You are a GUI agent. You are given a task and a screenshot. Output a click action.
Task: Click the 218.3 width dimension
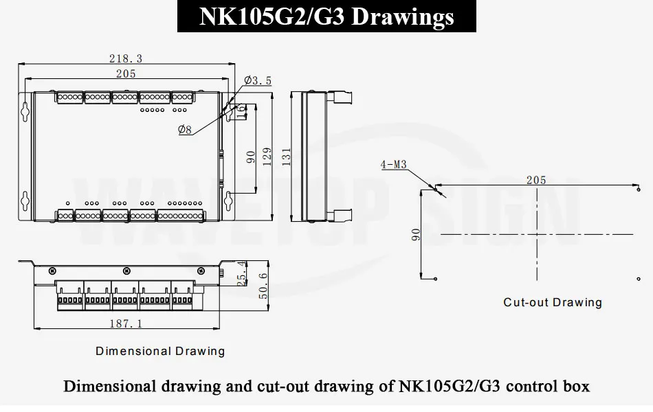pos(126,58)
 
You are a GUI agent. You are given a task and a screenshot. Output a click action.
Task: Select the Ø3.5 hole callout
pos(258,80)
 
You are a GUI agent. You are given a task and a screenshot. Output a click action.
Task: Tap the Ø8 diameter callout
pos(185,130)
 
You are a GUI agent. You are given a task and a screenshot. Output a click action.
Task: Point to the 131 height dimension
pos(286,157)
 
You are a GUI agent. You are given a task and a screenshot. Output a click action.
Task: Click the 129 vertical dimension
pos(267,157)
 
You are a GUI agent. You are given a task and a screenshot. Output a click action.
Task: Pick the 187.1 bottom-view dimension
pos(126,323)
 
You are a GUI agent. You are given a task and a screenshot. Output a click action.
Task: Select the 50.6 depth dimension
pos(263,286)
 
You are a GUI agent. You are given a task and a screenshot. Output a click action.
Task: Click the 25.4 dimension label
pos(241,273)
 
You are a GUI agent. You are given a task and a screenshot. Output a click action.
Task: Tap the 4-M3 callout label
pos(394,165)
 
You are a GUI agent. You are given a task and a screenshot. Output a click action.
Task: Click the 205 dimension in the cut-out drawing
pos(536,180)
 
